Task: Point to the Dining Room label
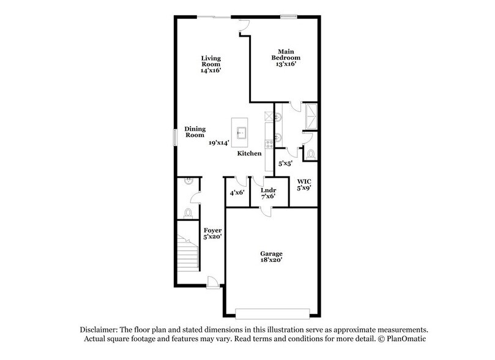coord(195,132)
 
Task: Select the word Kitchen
coord(250,154)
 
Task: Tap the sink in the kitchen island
coord(242,131)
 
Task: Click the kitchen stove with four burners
coord(268,146)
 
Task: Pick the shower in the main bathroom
coord(311,116)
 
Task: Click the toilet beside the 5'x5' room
coord(310,154)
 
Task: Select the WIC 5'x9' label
coord(304,185)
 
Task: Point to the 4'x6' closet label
coord(237,192)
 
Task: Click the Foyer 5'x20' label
coord(213,234)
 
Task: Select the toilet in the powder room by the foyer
coord(188,213)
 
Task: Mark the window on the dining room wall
coord(175,135)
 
